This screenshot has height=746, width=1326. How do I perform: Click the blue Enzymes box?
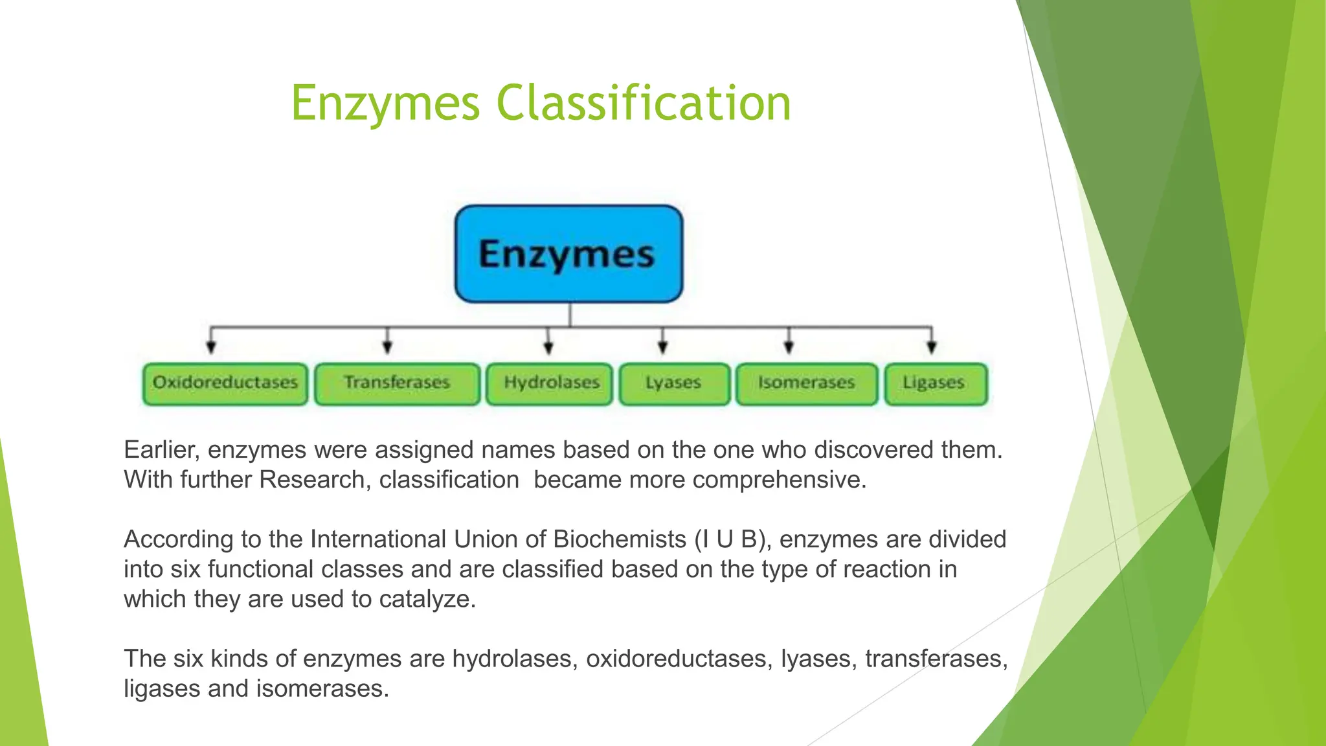click(568, 254)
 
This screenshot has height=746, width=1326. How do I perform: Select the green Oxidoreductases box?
click(225, 384)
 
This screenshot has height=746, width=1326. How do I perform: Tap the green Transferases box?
click(397, 384)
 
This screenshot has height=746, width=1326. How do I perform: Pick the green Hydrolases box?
click(550, 384)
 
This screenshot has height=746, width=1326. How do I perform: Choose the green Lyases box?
click(674, 384)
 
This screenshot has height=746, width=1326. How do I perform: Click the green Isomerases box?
click(807, 384)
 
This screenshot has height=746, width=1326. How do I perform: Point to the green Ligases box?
click(936, 384)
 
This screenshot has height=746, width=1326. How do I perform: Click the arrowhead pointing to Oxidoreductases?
click(210, 348)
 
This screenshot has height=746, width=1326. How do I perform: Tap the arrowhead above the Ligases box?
click(931, 348)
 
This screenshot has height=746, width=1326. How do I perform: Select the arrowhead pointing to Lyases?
click(662, 348)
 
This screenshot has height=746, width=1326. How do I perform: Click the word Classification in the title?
click(644, 104)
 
